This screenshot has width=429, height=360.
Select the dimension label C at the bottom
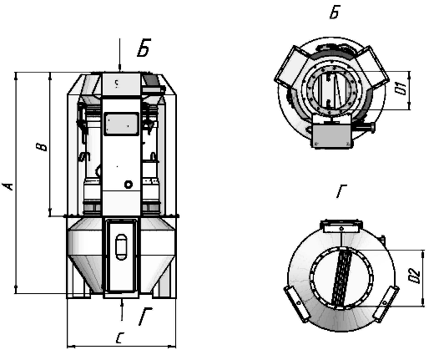click(x=120, y=337)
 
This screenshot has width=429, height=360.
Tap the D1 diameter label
click(x=401, y=89)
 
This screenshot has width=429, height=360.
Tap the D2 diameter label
click(x=414, y=276)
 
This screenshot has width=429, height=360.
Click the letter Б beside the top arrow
click(x=144, y=48)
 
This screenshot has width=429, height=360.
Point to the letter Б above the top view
click(x=335, y=12)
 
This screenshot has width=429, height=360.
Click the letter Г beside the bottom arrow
click(x=145, y=316)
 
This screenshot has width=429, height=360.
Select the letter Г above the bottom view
click(x=341, y=190)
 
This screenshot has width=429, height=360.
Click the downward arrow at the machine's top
click(x=119, y=55)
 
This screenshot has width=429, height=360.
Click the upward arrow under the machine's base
click(x=122, y=309)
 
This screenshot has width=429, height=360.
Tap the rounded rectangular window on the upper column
click(x=121, y=124)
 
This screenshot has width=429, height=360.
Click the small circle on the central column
click(x=129, y=185)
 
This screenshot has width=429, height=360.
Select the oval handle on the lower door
click(x=121, y=247)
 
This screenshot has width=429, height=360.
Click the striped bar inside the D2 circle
click(x=341, y=278)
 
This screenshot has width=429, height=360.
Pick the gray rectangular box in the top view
click(x=331, y=134)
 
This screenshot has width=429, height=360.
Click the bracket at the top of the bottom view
click(x=341, y=226)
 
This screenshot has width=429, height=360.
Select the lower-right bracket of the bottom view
click(x=386, y=304)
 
